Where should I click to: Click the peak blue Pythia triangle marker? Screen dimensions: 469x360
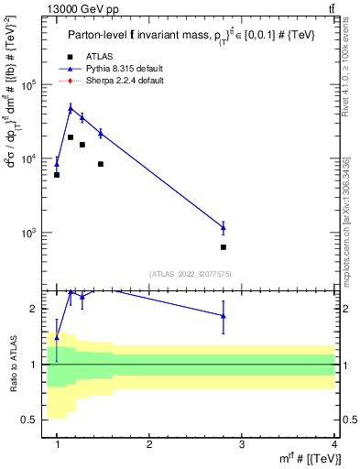[x=71, y=108]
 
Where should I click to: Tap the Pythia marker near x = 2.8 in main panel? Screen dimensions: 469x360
[x=223, y=226]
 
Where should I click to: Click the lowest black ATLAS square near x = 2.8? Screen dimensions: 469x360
[x=223, y=247]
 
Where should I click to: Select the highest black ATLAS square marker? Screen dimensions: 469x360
[x=71, y=137]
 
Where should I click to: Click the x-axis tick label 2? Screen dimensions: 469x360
[x=149, y=443]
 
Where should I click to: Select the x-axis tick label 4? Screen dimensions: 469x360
[x=333, y=443]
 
